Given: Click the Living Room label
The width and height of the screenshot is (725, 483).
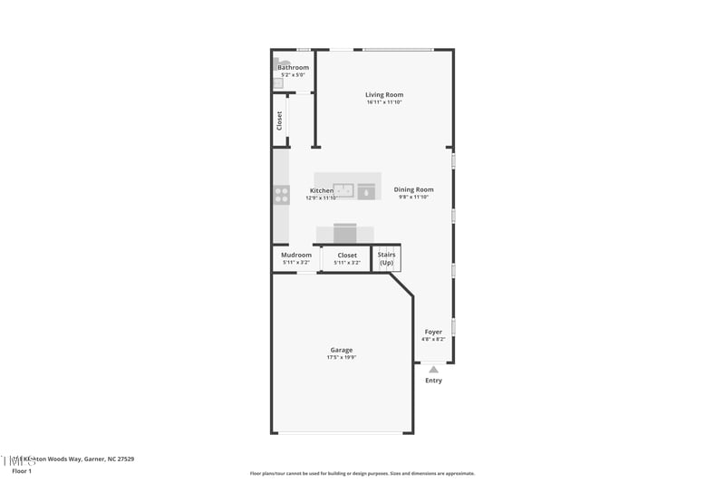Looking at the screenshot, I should point(384,94).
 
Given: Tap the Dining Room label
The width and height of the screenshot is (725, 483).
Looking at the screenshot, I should point(413,189).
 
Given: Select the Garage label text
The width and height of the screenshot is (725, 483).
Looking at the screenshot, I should point(342,350).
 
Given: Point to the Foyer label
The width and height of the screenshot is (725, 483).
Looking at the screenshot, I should point(433,332).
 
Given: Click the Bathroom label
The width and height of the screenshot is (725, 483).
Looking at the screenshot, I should point(293,67).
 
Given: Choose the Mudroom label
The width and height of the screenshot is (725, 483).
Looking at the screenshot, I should point(295,255).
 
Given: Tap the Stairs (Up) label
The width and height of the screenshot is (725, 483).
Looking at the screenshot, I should point(387,258).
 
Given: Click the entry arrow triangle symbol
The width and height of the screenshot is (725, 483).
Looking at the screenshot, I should point(433,369).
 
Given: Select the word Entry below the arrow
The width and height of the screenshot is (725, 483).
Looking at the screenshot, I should point(433,381).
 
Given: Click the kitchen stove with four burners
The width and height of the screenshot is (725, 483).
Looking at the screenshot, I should point(281,194).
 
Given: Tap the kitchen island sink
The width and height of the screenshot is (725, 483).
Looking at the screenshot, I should point(343,190).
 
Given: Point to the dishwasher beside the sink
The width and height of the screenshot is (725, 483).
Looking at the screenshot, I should point(366,191).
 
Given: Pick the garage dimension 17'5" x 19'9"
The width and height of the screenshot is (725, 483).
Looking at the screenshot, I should point(342,358).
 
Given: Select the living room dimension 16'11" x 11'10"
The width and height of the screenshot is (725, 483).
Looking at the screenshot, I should point(384,102).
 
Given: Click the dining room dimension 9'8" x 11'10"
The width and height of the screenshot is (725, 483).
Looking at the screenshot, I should point(413,197).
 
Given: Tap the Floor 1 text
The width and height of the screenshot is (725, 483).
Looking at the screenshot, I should point(22,471).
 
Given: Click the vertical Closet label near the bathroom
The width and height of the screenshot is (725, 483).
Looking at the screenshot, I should point(280,120).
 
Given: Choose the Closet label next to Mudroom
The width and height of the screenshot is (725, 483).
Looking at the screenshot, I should point(347,255).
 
